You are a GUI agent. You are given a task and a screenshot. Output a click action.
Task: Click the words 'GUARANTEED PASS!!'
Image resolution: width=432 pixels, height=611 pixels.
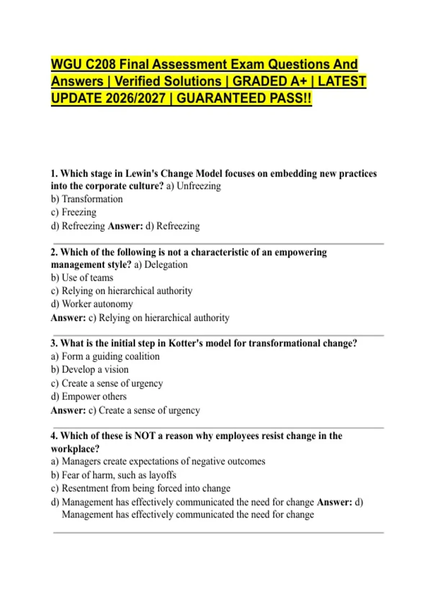(244, 98)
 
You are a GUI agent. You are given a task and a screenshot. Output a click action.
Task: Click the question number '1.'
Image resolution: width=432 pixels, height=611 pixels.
(54, 174)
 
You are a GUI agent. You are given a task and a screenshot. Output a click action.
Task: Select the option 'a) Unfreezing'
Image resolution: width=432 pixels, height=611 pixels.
(193, 186)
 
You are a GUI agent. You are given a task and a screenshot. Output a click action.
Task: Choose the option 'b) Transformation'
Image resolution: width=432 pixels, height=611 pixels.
(87, 199)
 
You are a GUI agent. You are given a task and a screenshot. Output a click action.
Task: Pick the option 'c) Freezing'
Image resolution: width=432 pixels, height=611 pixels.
(74, 212)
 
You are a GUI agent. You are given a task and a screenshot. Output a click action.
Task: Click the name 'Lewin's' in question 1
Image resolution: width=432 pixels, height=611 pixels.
(141, 174)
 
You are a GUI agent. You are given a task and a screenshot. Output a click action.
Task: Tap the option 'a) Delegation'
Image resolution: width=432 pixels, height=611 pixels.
(161, 265)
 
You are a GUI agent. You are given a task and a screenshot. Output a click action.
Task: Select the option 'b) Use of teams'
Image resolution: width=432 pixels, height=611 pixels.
(82, 278)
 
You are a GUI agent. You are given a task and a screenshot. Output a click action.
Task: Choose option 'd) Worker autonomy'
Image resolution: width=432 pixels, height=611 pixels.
(92, 304)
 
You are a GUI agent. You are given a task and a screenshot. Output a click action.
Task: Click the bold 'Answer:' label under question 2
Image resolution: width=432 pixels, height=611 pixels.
(68, 318)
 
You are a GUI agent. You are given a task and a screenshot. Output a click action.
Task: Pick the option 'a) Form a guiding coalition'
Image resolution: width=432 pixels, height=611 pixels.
(105, 357)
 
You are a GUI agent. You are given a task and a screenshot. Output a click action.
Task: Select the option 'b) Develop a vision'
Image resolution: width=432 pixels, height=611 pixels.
(90, 370)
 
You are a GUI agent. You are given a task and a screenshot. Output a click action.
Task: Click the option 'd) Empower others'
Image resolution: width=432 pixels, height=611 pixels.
(89, 397)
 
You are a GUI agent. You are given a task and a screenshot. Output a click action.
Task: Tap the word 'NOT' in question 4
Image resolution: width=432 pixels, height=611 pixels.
(144, 436)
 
